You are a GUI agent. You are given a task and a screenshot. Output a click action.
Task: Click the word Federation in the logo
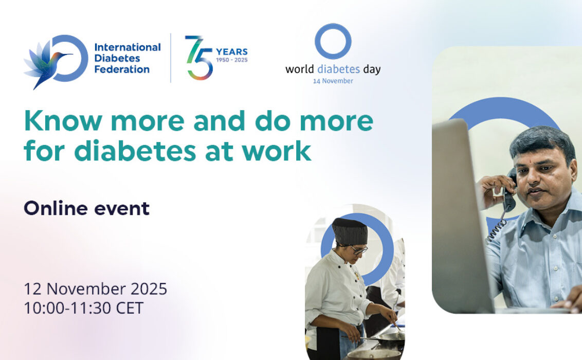tap(122, 69)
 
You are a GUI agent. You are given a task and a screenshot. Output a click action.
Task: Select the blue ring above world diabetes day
tap(333, 41)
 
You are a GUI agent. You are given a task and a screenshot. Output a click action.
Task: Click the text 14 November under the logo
tap(333, 81)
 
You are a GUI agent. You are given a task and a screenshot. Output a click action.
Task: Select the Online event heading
tap(86, 208)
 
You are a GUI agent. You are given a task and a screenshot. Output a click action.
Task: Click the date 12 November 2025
tap(95, 289)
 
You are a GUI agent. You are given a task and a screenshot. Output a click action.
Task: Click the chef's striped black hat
tap(350, 231)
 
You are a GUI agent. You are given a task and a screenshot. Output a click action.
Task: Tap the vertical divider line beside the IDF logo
tap(171, 58)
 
